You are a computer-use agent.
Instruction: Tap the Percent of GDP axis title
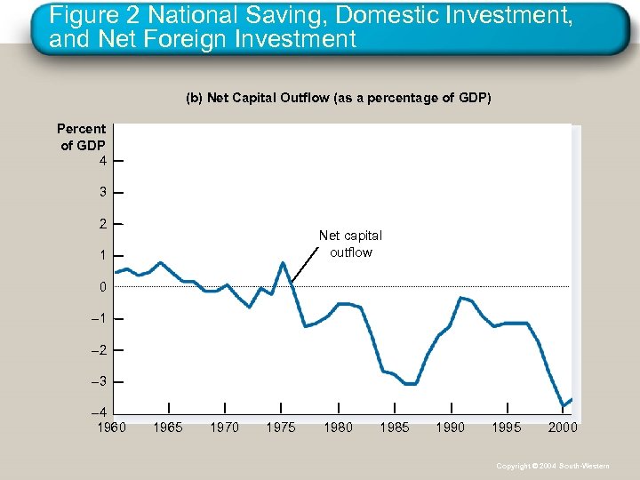pos(82,137)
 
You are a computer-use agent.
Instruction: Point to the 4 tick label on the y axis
pos(103,161)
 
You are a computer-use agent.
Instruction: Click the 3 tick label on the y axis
pos(103,192)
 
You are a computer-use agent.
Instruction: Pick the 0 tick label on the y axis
pos(103,287)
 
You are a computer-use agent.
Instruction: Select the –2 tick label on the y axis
pos(101,350)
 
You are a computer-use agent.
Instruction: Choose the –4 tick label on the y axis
pos(101,413)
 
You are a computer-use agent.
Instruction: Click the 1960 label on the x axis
pos(111,428)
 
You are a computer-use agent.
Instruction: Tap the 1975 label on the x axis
pos(281,428)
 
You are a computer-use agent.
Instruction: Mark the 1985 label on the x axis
pos(395,428)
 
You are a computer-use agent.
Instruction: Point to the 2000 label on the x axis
pos(563,428)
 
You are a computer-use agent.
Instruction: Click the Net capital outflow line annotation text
pos(350,244)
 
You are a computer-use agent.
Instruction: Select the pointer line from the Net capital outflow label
pos(305,265)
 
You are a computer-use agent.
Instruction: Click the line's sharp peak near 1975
pos(283,262)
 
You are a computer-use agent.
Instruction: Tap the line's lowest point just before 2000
pos(563,406)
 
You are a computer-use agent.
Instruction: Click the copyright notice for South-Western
pos(553,466)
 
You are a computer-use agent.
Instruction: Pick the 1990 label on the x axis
pos(450,428)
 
